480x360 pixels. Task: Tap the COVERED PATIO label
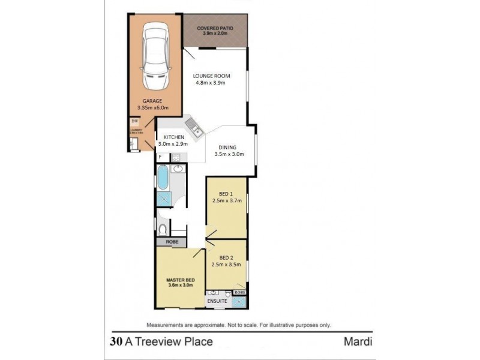[x=215, y=28]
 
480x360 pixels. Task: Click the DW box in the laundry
[x=134, y=122]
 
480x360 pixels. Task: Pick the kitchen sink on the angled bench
[x=194, y=127]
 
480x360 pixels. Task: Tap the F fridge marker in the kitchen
[x=161, y=157]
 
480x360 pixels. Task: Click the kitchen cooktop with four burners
[x=176, y=157]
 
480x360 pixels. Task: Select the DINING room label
[x=227, y=147]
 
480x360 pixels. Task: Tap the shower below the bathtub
[x=163, y=199]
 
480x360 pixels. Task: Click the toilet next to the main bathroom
[x=163, y=228]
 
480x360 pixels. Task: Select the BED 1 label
[x=226, y=194]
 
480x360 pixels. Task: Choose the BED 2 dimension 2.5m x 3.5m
[x=226, y=264]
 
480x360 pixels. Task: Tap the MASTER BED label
[x=180, y=279]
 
